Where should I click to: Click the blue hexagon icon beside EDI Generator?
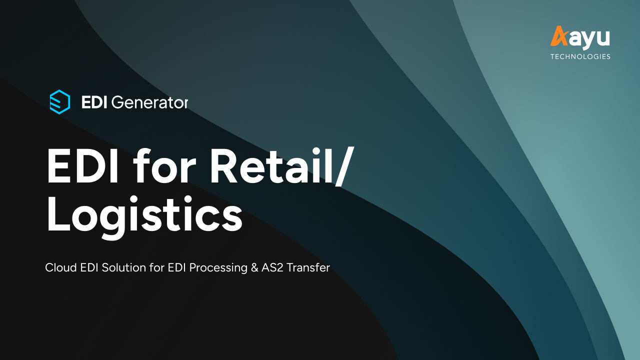[x=59, y=102]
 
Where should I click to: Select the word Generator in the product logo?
[x=149, y=102]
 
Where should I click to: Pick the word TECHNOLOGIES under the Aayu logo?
[x=580, y=56]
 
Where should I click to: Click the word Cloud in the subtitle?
[x=58, y=267]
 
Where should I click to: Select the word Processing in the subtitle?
[x=217, y=268]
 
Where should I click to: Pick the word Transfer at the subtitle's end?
[x=308, y=267]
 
